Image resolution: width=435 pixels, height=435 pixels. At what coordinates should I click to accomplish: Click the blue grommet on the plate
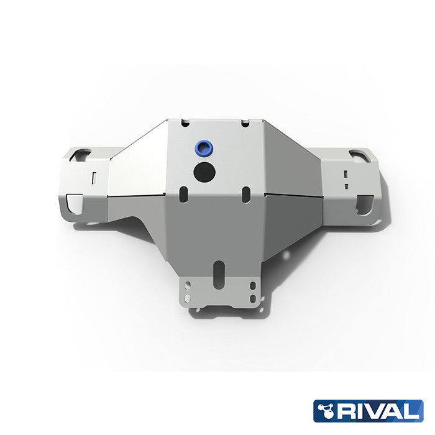[x=201, y=148]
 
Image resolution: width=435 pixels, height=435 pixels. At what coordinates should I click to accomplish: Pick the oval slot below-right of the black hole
[x=245, y=192]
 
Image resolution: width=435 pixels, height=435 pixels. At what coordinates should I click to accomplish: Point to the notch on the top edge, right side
[x=245, y=123]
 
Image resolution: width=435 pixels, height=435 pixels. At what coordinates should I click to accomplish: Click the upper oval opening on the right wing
[x=359, y=155]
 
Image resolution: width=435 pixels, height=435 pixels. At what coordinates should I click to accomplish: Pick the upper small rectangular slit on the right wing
[x=344, y=173]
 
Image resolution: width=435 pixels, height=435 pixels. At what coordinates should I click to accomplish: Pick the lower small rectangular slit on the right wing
[x=344, y=185]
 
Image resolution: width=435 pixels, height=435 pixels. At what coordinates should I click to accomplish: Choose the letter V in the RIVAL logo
[x=375, y=411]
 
